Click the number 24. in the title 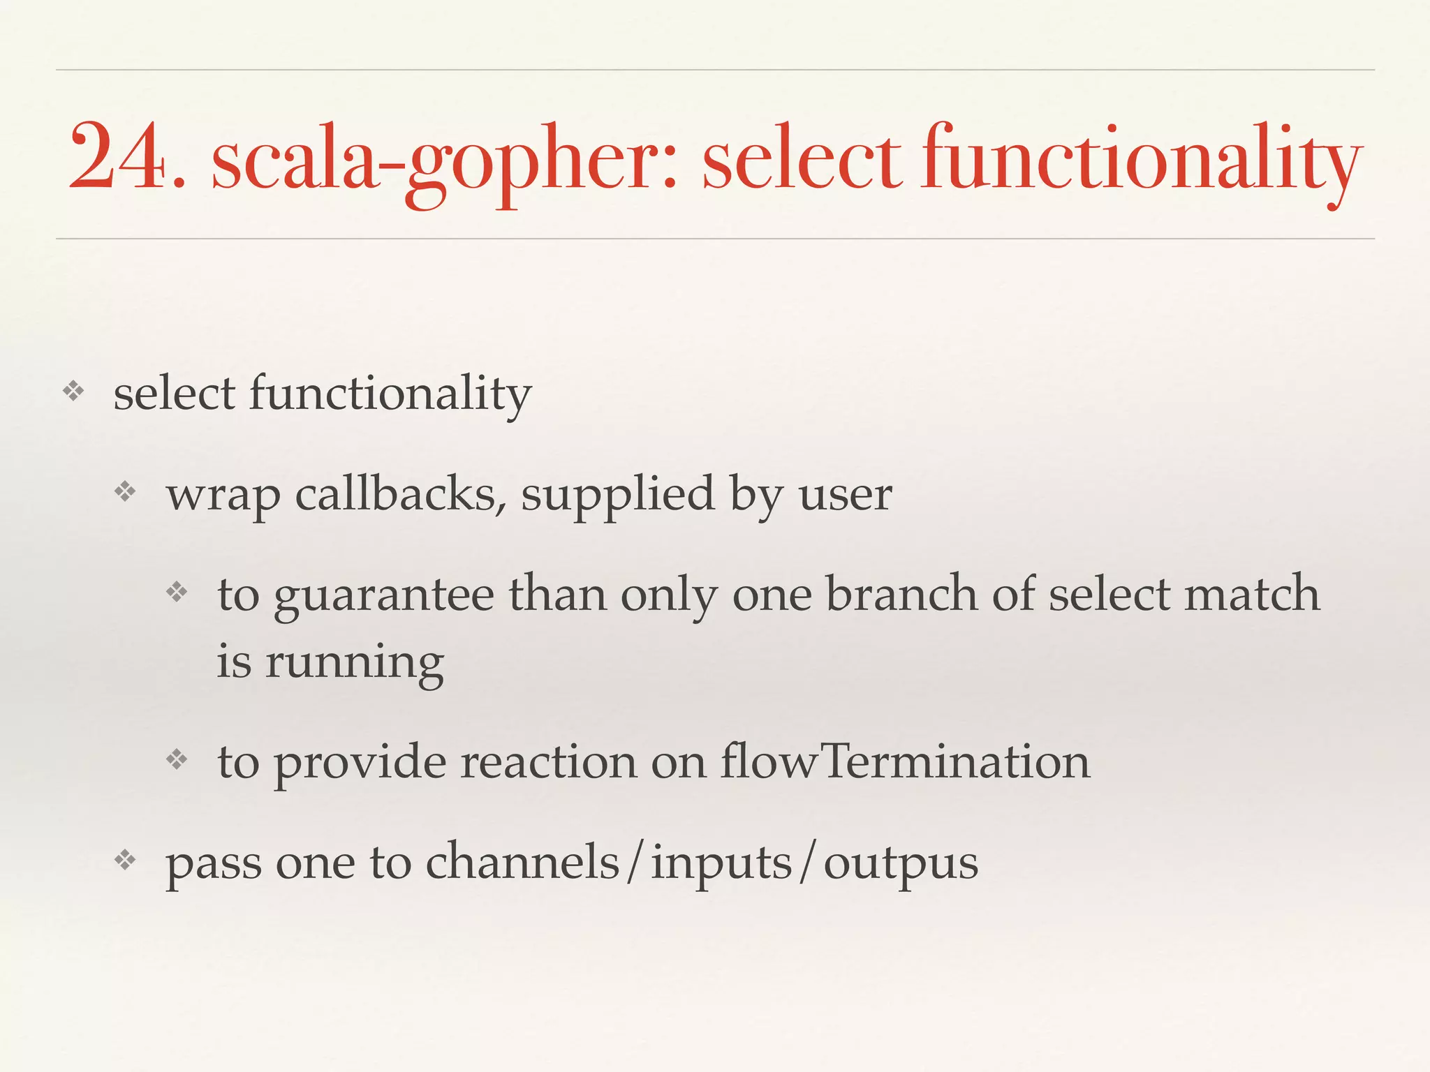pos(126,156)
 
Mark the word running pos(354,663)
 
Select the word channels pos(522,863)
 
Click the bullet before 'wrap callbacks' pos(126,493)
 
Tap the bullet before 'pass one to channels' pos(126,861)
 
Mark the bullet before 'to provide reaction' pos(177,759)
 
